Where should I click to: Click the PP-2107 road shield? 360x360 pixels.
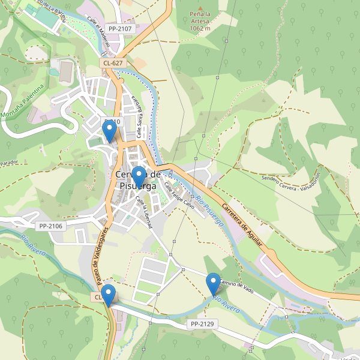coord(120,28)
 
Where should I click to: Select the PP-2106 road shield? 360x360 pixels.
coord(51,226)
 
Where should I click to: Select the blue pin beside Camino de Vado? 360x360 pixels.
coord(213,284)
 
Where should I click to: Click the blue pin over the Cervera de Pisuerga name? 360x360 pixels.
coord(139,177)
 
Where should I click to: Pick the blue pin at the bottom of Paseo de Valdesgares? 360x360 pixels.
coord(108,295)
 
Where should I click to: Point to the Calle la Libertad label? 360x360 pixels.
coord(143,212)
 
